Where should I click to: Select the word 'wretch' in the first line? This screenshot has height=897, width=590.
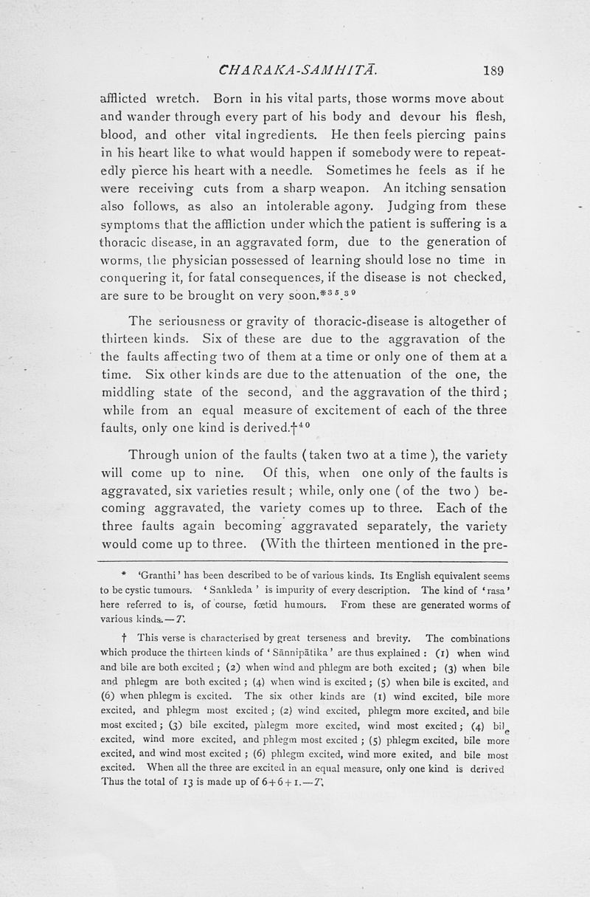tap(174, 98)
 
